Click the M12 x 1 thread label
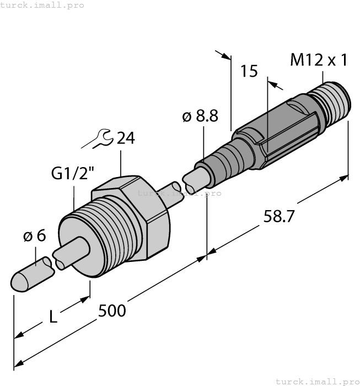tap(319, 60)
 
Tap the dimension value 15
tap(249, 71)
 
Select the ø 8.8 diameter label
tap(200, 116)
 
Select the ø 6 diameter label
tap(34, 237)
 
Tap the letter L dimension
tap(52, 317)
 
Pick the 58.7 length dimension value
tap(280, 217)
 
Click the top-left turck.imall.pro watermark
tap(42, 5)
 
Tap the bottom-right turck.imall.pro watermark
tap(316, 381)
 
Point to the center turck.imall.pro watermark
tap(179, 194)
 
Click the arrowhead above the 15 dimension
tap(225, 55)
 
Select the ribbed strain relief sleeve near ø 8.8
tap(223, 160)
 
